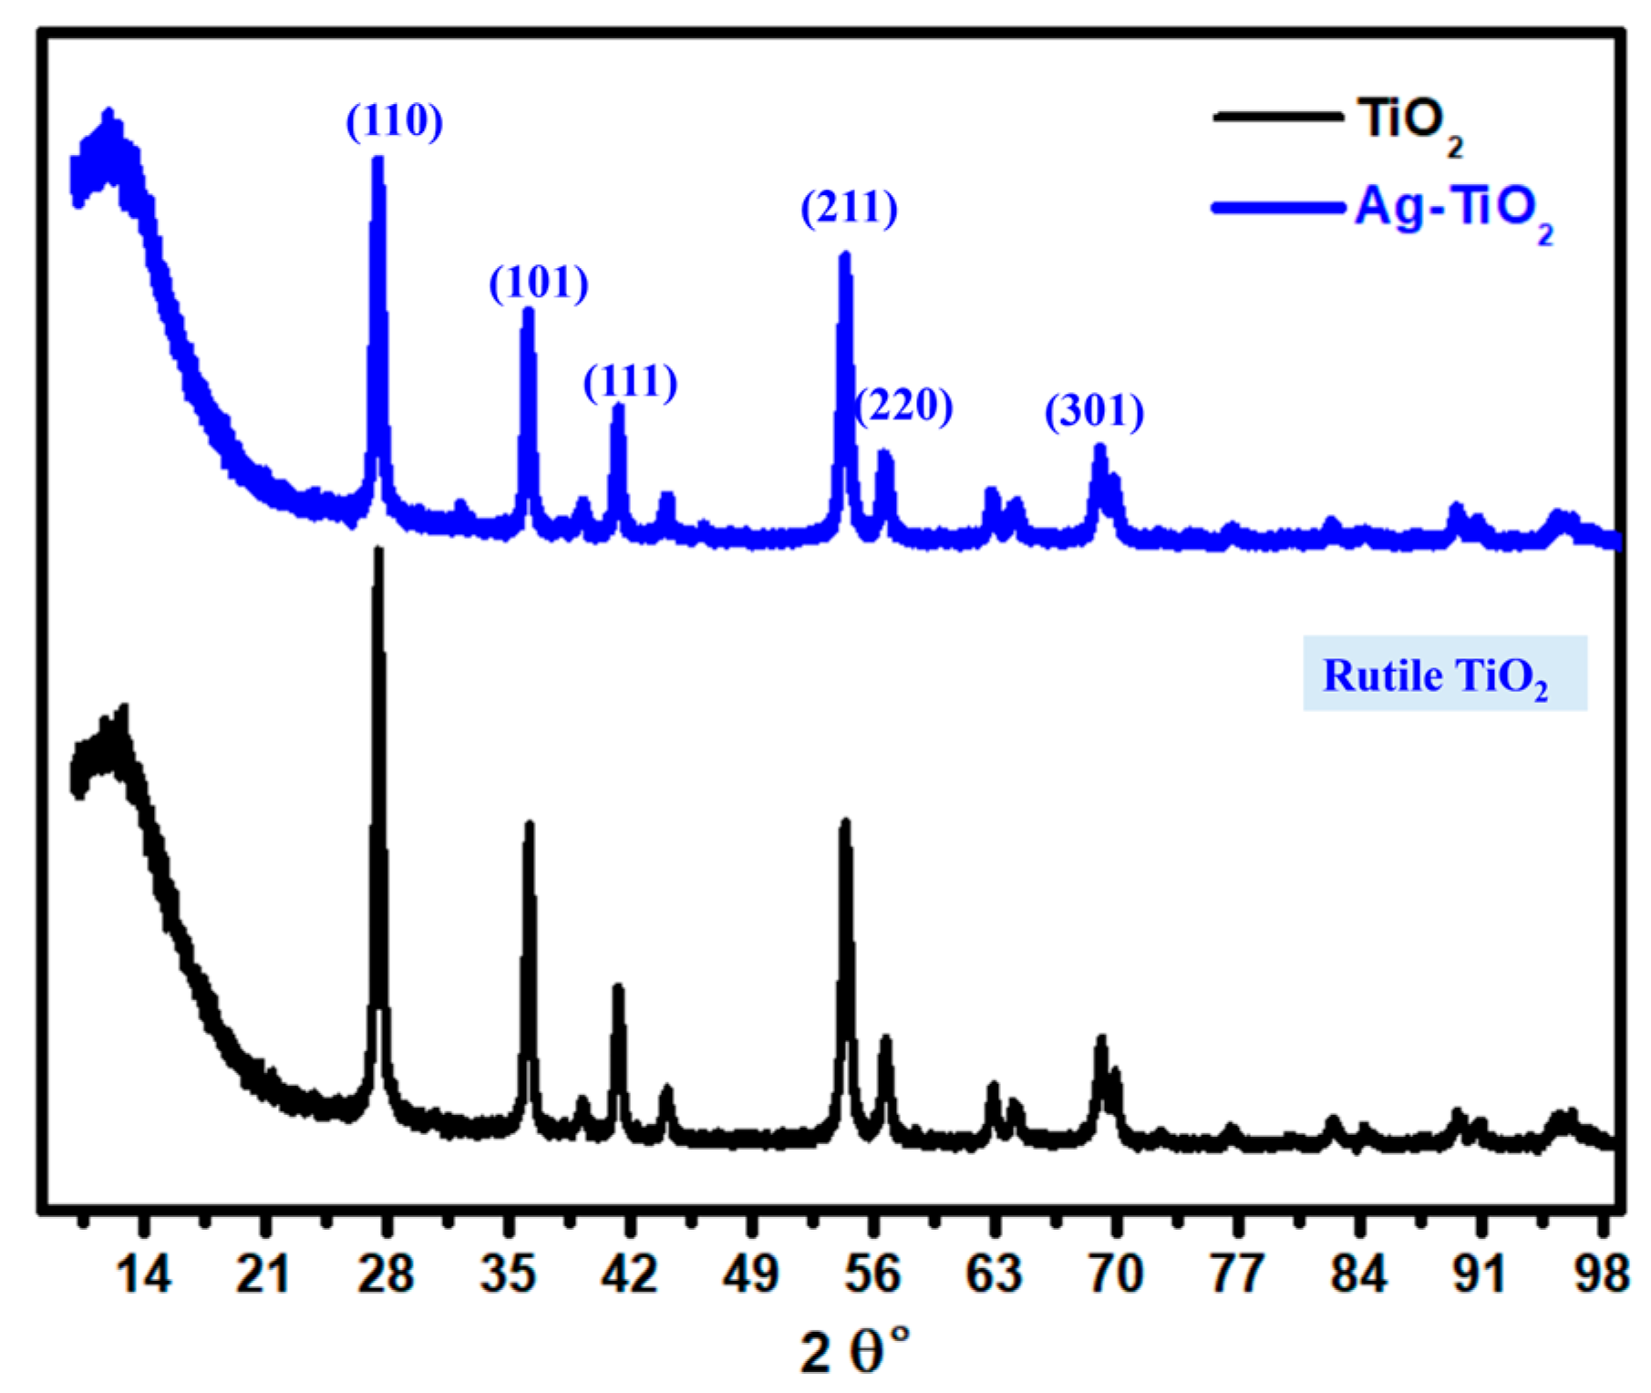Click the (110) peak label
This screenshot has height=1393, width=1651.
coord(394,120)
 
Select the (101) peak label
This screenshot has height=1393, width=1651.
coord(539,283)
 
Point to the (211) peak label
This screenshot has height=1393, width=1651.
coord(849,208)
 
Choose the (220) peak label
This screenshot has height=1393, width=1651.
coord(904,405)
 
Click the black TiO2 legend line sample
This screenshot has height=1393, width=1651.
coord(1276,117)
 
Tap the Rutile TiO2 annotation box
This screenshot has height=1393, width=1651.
coord(1444,674)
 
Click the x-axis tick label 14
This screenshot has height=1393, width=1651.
coord(143,1274)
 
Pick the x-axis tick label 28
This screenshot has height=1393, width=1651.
coord(386,1274)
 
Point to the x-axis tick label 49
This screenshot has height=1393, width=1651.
coord(750,1274)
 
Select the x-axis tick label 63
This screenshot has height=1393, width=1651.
coord(994,1274)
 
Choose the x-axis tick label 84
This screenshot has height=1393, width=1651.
coord(1358,1274)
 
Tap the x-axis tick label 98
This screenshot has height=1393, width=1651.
coord(1601,1274)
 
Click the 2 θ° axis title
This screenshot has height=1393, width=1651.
coord(854,1351)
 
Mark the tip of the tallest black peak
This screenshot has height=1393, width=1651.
coord(379,551)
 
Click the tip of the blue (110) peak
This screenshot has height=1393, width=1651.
coord(378,160)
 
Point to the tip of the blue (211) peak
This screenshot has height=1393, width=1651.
coord(845,256)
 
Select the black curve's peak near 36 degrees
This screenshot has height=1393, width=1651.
coord(529,826)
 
